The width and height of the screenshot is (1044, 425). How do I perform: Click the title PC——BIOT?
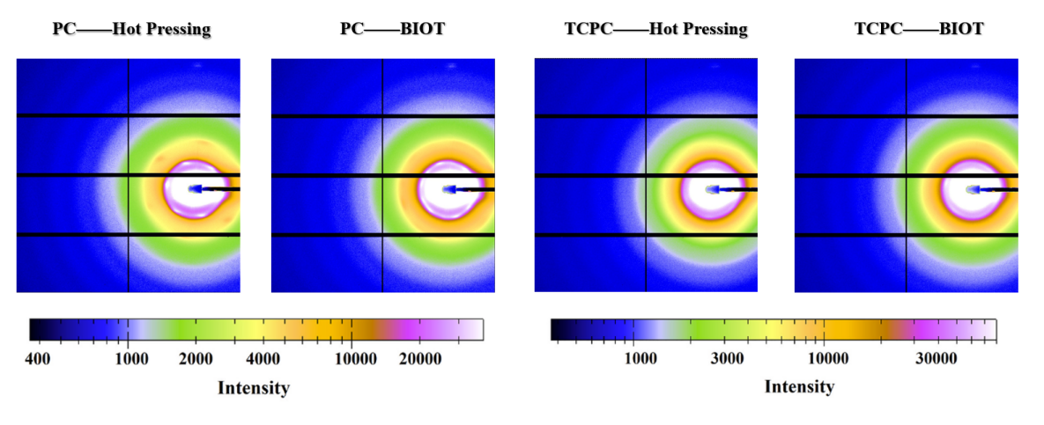coord(392,29)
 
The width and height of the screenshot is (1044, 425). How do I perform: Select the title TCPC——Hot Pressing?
coord(655,29)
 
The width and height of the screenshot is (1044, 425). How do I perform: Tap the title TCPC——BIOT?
coord(919,29)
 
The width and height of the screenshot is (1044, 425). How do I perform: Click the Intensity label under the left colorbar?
coord(254,387)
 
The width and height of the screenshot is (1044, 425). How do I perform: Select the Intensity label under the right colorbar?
coord(799,386)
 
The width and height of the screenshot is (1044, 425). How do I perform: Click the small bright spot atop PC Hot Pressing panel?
coord(198,65)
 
